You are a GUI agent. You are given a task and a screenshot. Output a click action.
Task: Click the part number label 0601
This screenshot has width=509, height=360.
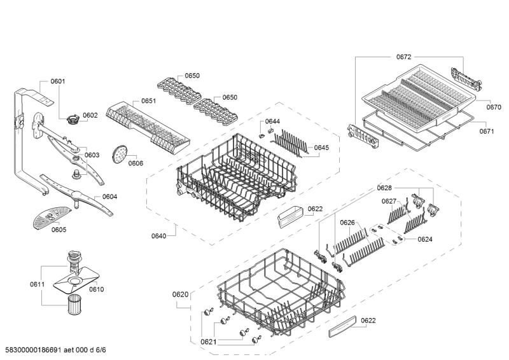pos(58,81)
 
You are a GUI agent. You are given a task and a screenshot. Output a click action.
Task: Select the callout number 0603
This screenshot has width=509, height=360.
pos(92,155)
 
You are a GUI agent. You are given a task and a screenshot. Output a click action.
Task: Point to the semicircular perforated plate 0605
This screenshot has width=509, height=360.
pos(50,217)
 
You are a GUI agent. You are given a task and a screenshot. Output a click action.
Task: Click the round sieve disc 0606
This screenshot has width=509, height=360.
pos(119,152)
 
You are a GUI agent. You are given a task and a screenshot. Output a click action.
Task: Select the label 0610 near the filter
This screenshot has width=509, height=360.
pos(96,289)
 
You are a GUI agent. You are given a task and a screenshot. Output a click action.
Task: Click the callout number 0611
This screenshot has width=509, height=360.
pos(38,284)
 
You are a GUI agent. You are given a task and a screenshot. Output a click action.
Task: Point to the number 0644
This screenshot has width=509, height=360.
pos(272,121)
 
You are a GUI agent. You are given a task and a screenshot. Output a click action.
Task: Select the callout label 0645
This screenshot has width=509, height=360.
pos(321,148)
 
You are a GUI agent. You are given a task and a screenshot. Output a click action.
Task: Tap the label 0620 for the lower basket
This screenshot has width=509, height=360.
pos(181,294)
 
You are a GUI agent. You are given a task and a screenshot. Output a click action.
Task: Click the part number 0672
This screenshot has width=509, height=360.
pos(403,57)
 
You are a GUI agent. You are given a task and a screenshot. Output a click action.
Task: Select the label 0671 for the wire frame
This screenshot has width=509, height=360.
pos(487,131)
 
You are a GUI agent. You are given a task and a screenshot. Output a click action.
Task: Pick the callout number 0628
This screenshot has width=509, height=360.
pos(384,188)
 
